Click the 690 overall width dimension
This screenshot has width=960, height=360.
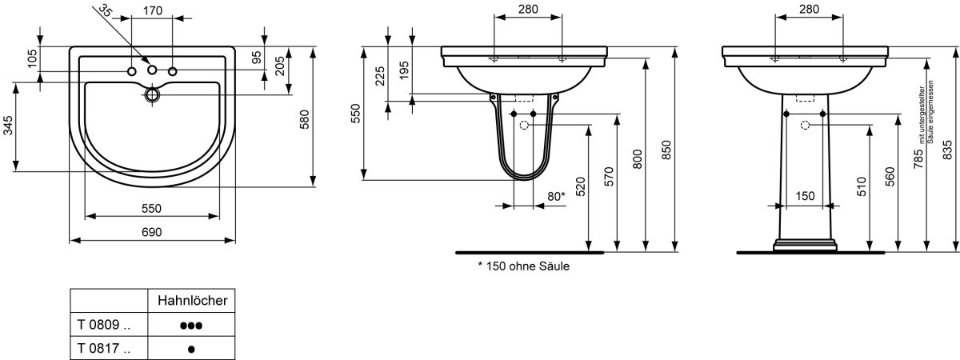152,232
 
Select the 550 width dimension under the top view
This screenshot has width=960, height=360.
152,209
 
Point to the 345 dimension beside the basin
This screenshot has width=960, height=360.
9,126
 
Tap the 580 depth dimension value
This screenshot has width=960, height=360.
304,119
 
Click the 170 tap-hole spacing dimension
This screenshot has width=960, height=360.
153,10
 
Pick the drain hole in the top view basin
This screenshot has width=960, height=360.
152,94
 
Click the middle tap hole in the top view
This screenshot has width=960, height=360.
152,70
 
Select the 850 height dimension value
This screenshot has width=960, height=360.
666,150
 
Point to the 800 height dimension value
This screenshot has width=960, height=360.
638,159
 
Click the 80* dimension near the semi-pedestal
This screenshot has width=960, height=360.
556,196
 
